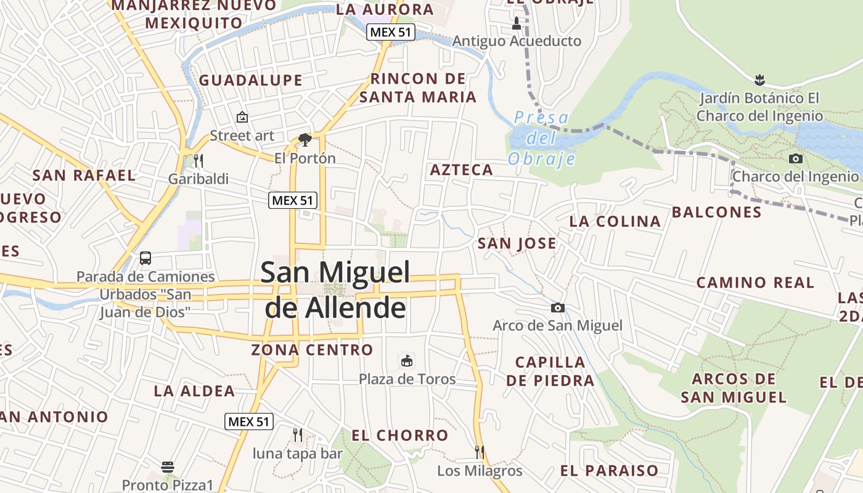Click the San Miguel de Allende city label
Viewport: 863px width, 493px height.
coord(335,290)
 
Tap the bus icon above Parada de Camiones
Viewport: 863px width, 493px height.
coord(145,258)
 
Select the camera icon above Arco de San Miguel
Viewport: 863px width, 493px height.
coord(558,308)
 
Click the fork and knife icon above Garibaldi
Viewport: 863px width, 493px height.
coord(198,161)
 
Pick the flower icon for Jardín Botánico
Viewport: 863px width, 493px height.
coord(759,79)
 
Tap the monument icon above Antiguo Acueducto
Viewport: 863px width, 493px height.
coord(517,24)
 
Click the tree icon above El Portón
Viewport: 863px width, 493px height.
coord(305,140)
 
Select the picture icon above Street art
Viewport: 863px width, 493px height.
coord(242,117)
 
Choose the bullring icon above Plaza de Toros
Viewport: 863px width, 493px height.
coord(407,361)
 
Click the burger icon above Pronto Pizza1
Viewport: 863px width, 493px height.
coord(167,467)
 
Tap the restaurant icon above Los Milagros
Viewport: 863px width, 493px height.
coord(479,452)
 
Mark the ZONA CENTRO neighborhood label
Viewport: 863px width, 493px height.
coord(312,350)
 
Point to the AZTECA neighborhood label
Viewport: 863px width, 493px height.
coord(462,170)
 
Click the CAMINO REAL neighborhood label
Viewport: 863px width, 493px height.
coord(755,283)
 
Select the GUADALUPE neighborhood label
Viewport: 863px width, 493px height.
coord(251,80)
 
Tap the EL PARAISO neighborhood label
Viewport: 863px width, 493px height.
coord(609,471)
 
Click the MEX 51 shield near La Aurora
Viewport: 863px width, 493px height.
coord(391,32)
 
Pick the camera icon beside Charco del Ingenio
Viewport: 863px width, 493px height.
coord(796,158)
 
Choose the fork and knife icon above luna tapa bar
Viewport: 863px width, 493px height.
coord(298,435)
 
